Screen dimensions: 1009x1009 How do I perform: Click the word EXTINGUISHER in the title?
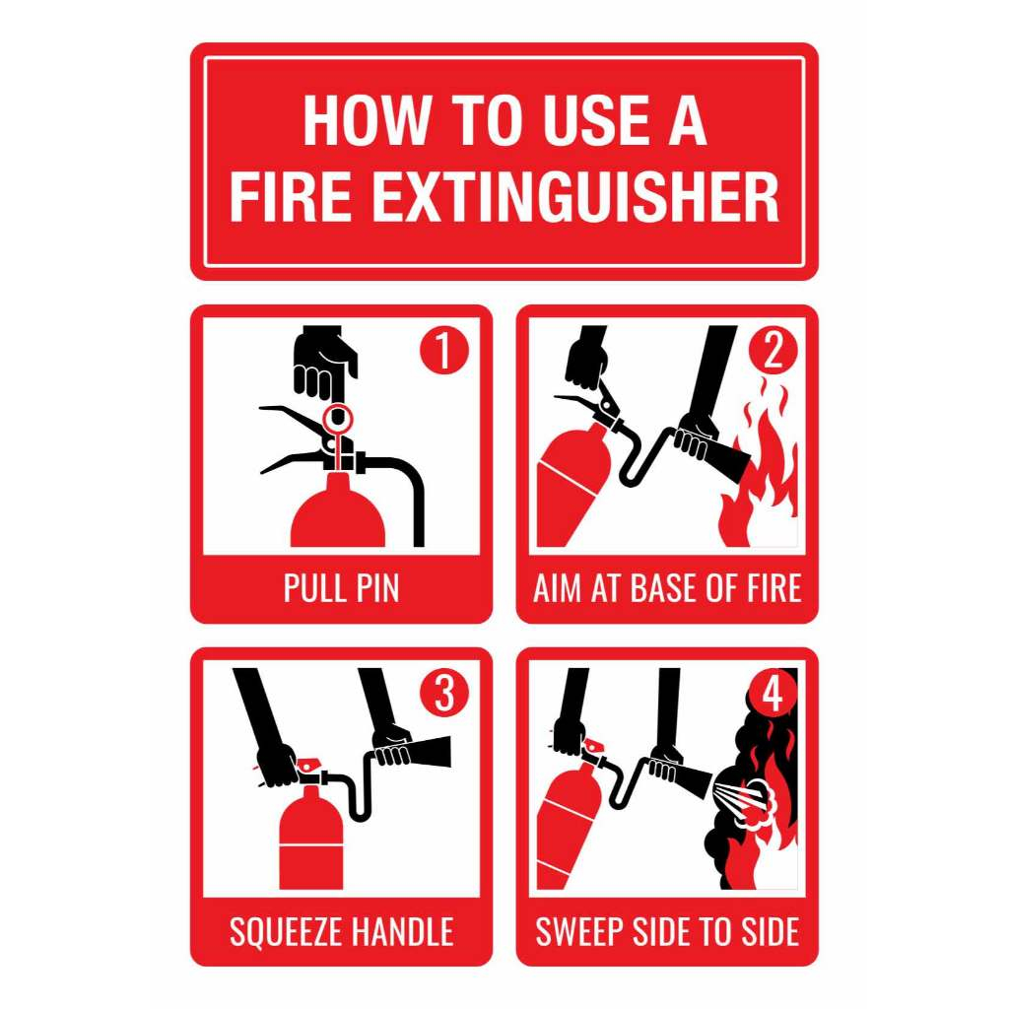coord(575,196)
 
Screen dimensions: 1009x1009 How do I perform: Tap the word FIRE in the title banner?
coord(291,196)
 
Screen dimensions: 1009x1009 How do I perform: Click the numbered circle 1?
coord(444,350)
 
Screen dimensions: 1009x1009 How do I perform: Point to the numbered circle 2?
coord(773,351)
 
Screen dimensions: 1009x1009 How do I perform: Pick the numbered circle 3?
coord(444,693)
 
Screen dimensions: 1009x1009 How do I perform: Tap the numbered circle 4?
coord(773,693)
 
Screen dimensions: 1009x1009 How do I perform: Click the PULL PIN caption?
coord(341,588)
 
